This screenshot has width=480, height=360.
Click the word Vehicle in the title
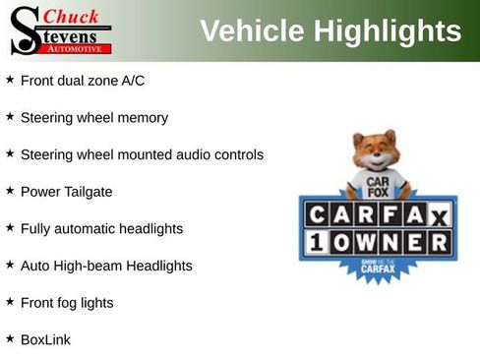pos(251,31)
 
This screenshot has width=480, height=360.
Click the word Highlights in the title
pos(388,31)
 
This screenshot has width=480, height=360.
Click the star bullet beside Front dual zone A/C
pos(10,80)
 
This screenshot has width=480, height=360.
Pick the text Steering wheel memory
pos(94,118)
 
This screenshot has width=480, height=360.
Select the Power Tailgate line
pos(67,192)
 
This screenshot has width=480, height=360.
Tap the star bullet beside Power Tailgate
pos(10,191)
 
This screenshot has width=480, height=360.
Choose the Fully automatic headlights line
pos(101,229)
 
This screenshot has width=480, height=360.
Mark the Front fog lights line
pos(67,303)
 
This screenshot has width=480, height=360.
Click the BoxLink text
pos(45,339)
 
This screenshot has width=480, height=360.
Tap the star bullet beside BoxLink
pos(10,338)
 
